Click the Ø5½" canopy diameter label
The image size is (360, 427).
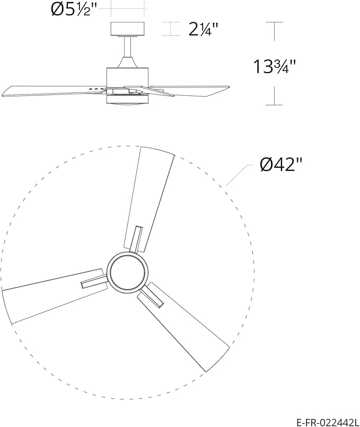click(x=74, y=10)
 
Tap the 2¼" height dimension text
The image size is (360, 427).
click(x=204, y=29)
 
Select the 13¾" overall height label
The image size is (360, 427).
click(x=274, y=67)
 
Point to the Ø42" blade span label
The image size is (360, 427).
click(x=280, y=165)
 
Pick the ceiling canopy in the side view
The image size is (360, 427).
click(x=127, y=29)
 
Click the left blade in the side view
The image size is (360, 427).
click(x=48, y=91)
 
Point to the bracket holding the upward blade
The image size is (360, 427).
click(x=137, y=238)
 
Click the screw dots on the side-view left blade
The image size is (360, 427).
click(x=95, y=89)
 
